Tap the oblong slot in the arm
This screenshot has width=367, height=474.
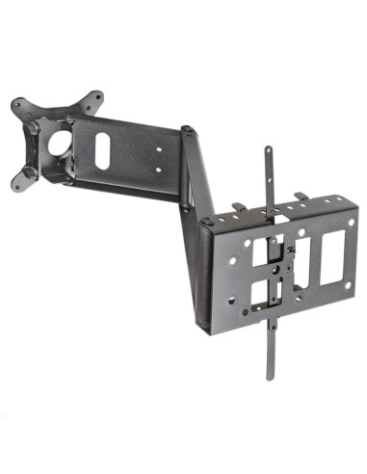[101, 150]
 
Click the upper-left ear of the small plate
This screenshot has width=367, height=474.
[19, 103]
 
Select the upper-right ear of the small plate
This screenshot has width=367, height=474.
[95, 97]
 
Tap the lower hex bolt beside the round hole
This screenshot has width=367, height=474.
[33, 171]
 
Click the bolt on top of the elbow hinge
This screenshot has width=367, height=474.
[187, 130]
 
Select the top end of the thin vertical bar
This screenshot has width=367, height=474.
[269, 151]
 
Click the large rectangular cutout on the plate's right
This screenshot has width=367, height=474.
[330, 254]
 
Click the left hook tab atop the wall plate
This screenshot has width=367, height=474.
[237, 204]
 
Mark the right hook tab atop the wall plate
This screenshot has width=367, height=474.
[301, 197]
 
